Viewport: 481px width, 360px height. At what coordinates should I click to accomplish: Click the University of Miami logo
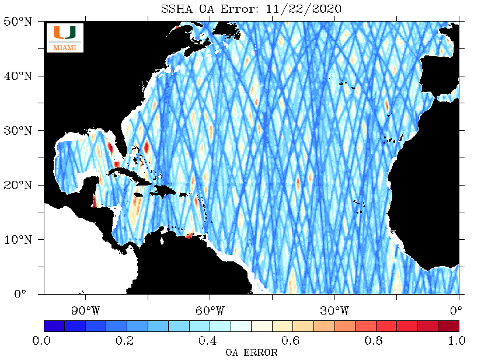pos(65,38)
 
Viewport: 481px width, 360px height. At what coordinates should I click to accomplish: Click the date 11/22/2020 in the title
pos(304,9)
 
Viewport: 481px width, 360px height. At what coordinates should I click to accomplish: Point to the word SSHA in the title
pos(177,9)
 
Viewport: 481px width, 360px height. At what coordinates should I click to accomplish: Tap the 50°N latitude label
pos(18,22)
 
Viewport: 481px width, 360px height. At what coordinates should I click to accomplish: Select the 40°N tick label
pos(18,76)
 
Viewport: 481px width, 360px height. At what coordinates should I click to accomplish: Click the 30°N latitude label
pos(18,131)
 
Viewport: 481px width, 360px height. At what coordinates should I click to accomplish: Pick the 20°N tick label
pos(18,185)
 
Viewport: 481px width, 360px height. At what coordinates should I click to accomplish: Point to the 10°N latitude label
pos(18,239)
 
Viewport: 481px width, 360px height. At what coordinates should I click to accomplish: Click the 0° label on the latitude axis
pos(20,293)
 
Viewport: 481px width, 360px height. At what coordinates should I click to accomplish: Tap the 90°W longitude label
pos(86,310)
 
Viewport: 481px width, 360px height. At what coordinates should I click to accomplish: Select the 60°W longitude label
pos(210,310)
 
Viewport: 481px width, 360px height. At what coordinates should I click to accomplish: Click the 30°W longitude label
pos(334,310)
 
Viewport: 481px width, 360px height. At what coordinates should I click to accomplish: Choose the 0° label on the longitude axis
pos(456,310)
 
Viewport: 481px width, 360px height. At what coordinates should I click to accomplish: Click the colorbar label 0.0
pos(41,341)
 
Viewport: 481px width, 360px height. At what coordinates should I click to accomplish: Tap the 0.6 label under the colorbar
pos(291,341)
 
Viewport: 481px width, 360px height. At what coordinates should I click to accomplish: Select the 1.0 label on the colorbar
pos(456,341)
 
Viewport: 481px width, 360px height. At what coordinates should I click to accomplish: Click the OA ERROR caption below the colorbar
pos(252,352)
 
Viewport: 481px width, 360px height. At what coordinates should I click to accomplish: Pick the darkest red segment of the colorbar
pos(449,326)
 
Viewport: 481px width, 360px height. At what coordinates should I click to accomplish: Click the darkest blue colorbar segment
pos(54,326)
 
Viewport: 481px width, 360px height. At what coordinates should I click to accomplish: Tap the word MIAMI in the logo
pos(65,48)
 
